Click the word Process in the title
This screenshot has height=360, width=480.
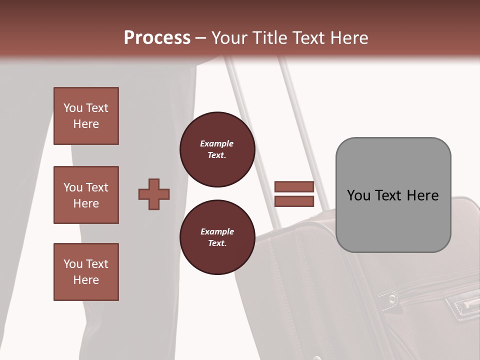pos(157,37)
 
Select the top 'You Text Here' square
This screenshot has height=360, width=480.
pos(86,116)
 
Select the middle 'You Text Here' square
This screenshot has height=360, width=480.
pos(86,195)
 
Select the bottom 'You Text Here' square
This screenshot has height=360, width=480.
pos(86,272)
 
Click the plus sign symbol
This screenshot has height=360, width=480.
pos(154,194)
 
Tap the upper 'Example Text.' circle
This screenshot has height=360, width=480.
pos(217,149)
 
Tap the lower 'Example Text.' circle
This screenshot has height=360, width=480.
pos(217,237)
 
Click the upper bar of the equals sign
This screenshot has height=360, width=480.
pos(294,186)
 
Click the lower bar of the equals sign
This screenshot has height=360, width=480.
pos(294,201)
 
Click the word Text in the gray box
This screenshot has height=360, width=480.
pos(387,195)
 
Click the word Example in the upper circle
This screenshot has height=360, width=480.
pos(217,143)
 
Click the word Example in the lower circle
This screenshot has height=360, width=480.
pos(217,231)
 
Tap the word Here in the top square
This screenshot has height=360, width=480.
pos(86,124)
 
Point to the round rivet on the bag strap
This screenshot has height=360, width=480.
pos(393,299)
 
